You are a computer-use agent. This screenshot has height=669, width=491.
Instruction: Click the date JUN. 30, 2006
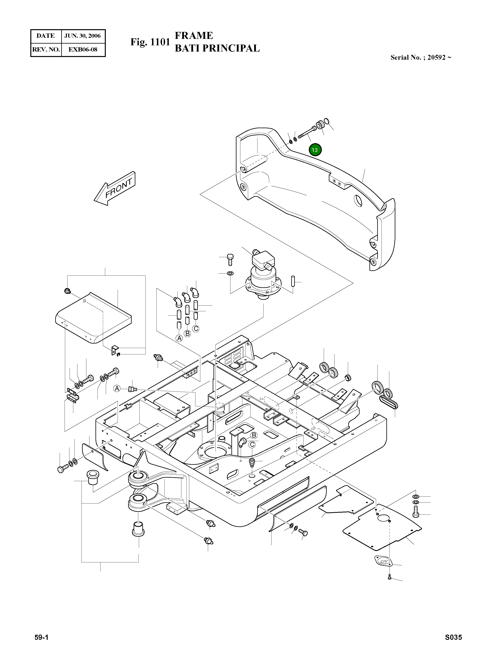[x=83, y=36]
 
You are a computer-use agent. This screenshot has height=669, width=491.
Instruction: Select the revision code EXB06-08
[x=83, y=49]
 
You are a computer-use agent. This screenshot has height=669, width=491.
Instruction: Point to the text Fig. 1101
[x=150, y=42]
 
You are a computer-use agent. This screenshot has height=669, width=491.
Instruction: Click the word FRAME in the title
[x=194, y=36]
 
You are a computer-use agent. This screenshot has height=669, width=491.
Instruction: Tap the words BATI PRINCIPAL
[x=217, y=48]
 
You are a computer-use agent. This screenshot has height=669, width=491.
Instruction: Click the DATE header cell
[x=46, y=36]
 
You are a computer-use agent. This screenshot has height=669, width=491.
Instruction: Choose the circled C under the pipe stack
[x=196, y=329]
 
